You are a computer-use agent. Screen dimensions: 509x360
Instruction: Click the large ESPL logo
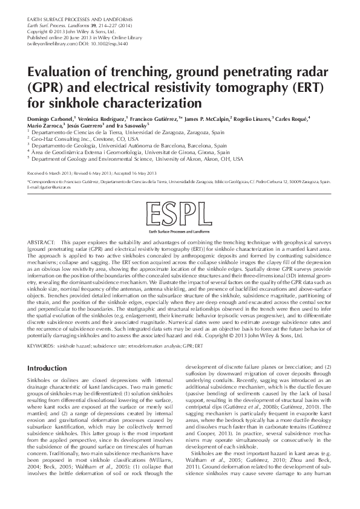coord(179,215)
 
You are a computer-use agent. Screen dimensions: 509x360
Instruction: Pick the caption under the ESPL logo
coord(179,232)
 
